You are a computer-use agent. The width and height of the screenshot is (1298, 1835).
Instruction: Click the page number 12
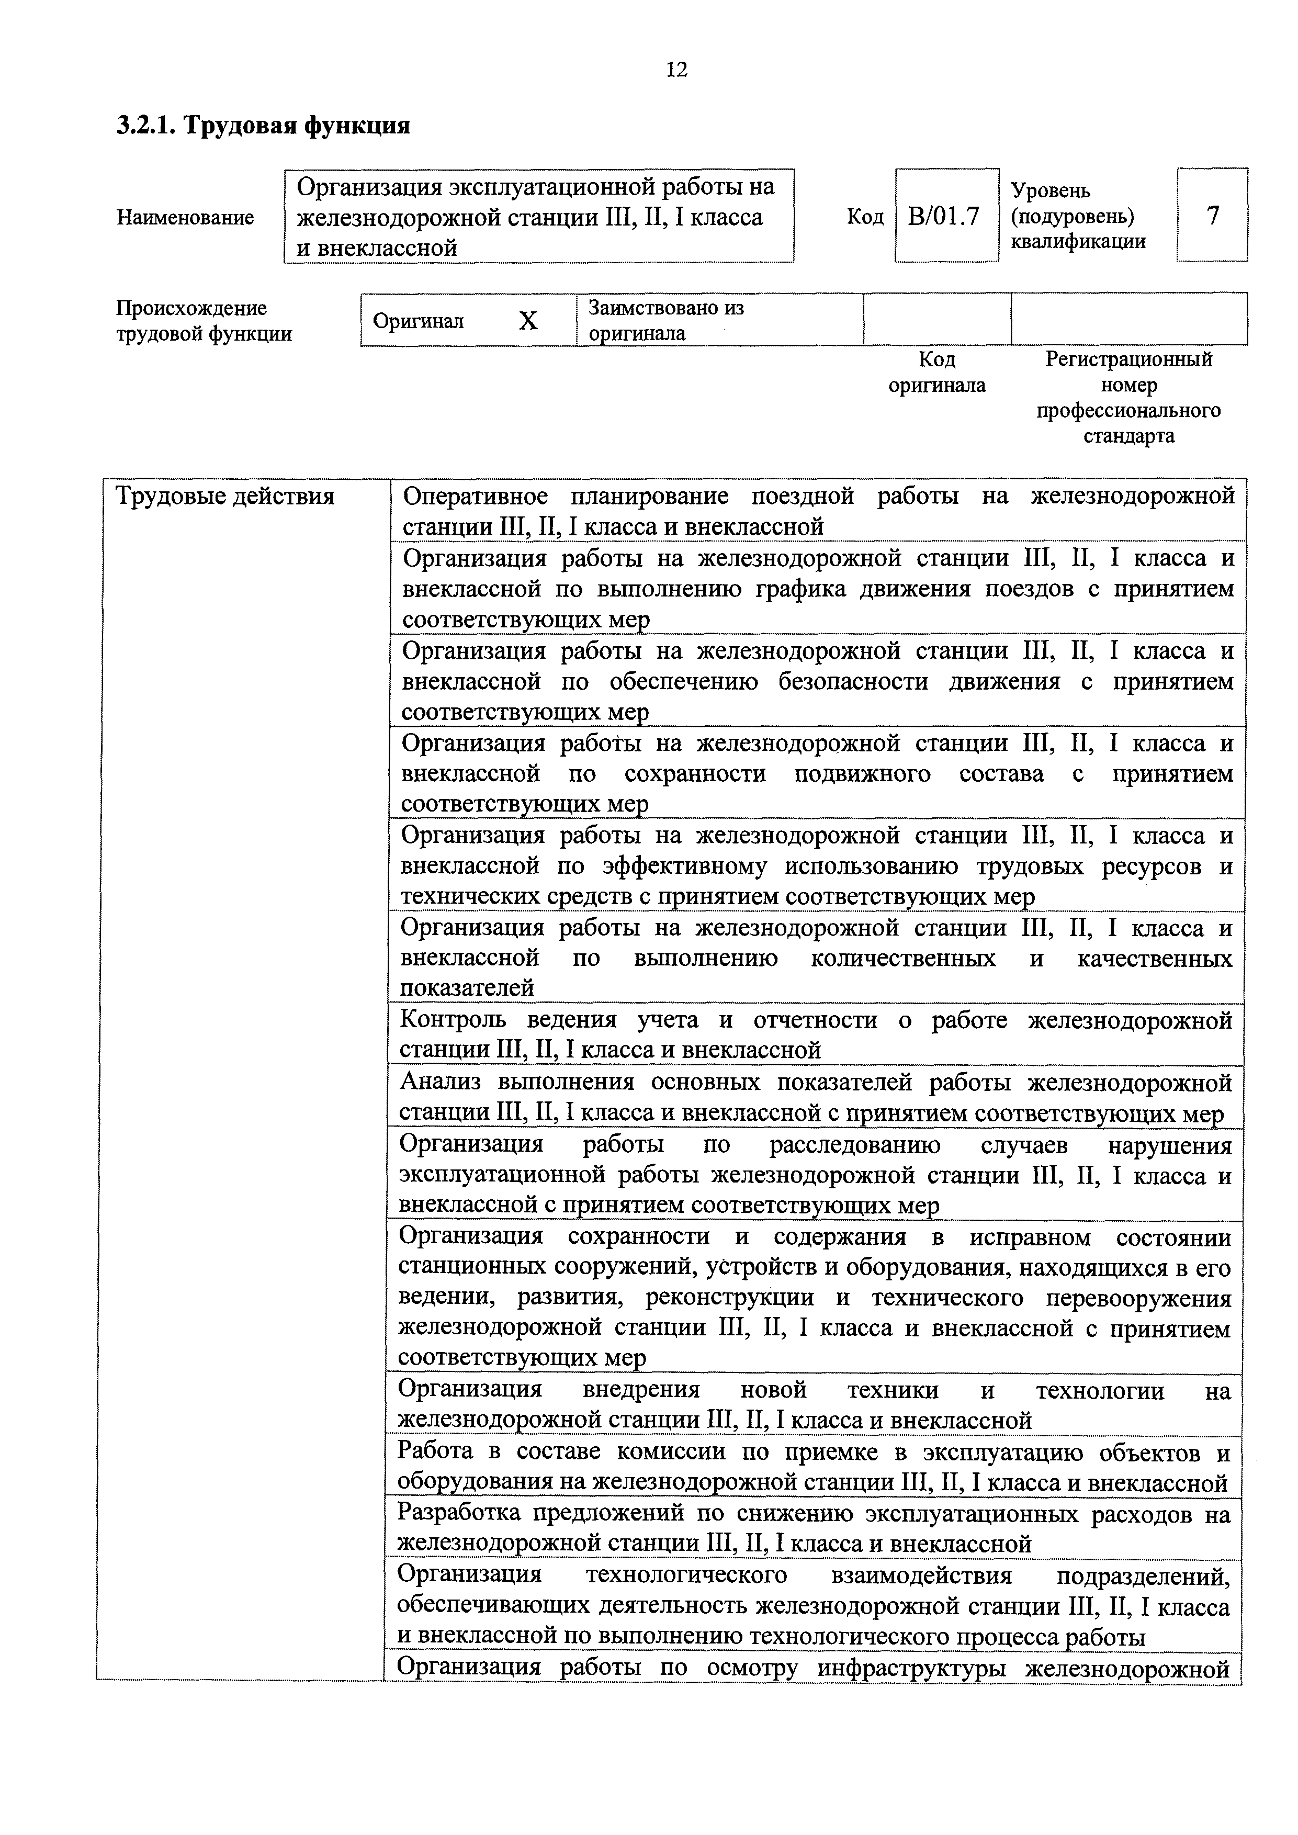point(676,70)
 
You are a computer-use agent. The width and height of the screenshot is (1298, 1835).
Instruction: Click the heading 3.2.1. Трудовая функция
point(263,126)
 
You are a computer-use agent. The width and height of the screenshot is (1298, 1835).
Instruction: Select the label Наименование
point(185,217)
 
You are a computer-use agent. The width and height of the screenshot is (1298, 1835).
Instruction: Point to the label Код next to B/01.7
point(865,217)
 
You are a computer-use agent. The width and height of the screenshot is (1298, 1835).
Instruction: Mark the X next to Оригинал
point(527,321)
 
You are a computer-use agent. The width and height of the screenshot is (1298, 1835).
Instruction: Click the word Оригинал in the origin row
point(418,321)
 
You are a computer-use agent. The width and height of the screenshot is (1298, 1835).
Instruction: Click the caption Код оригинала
point(936,373)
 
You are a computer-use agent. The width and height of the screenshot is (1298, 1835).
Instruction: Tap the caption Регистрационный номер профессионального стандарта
point(1128,397)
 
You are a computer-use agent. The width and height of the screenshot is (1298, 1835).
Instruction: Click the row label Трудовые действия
point(225,497)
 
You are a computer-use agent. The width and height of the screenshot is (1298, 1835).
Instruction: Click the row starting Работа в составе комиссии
point(814,1467)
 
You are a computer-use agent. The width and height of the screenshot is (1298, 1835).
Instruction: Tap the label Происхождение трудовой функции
point(204,321)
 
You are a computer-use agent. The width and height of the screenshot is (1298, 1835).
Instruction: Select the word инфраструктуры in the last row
point(915,1668)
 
